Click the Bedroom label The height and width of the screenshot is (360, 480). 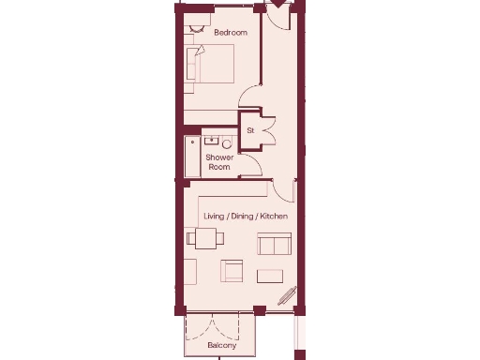(230, 33)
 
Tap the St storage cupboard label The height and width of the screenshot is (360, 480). (250, 130)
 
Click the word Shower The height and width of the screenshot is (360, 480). (219, 157)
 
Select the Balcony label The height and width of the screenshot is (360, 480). (222, 346)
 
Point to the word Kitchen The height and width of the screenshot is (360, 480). (274, 217)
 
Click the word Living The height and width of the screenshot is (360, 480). (215, 217)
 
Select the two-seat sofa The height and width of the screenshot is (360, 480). (274, 246)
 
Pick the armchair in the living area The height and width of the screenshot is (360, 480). (232, 271)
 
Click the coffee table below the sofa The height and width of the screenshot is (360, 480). (270, 276)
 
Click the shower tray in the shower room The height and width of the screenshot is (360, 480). (193, 156)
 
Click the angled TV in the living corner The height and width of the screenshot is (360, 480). (287, 296)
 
